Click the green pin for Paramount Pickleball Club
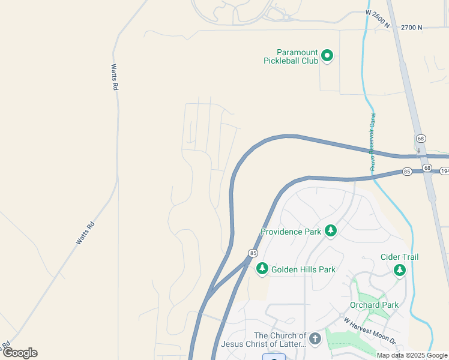tap(327, 56)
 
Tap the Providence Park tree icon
tap(330, 231)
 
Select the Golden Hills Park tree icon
tap(262, 269)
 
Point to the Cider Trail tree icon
tap(400, 270)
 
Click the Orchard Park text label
tap(375, 305)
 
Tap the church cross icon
tap(315, 340)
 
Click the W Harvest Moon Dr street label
tap(370, 330)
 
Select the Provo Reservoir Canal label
tap(373, 142)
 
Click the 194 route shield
tap(444, 172)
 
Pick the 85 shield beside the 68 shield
tap(407, 172)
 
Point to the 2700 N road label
tap(412, 28)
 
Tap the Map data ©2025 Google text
tap(412, 355)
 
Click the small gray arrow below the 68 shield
tap(418, 150)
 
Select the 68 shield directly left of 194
tap(426, 168)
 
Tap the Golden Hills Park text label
tap(303, 269)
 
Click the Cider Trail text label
tap(399, 257)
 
